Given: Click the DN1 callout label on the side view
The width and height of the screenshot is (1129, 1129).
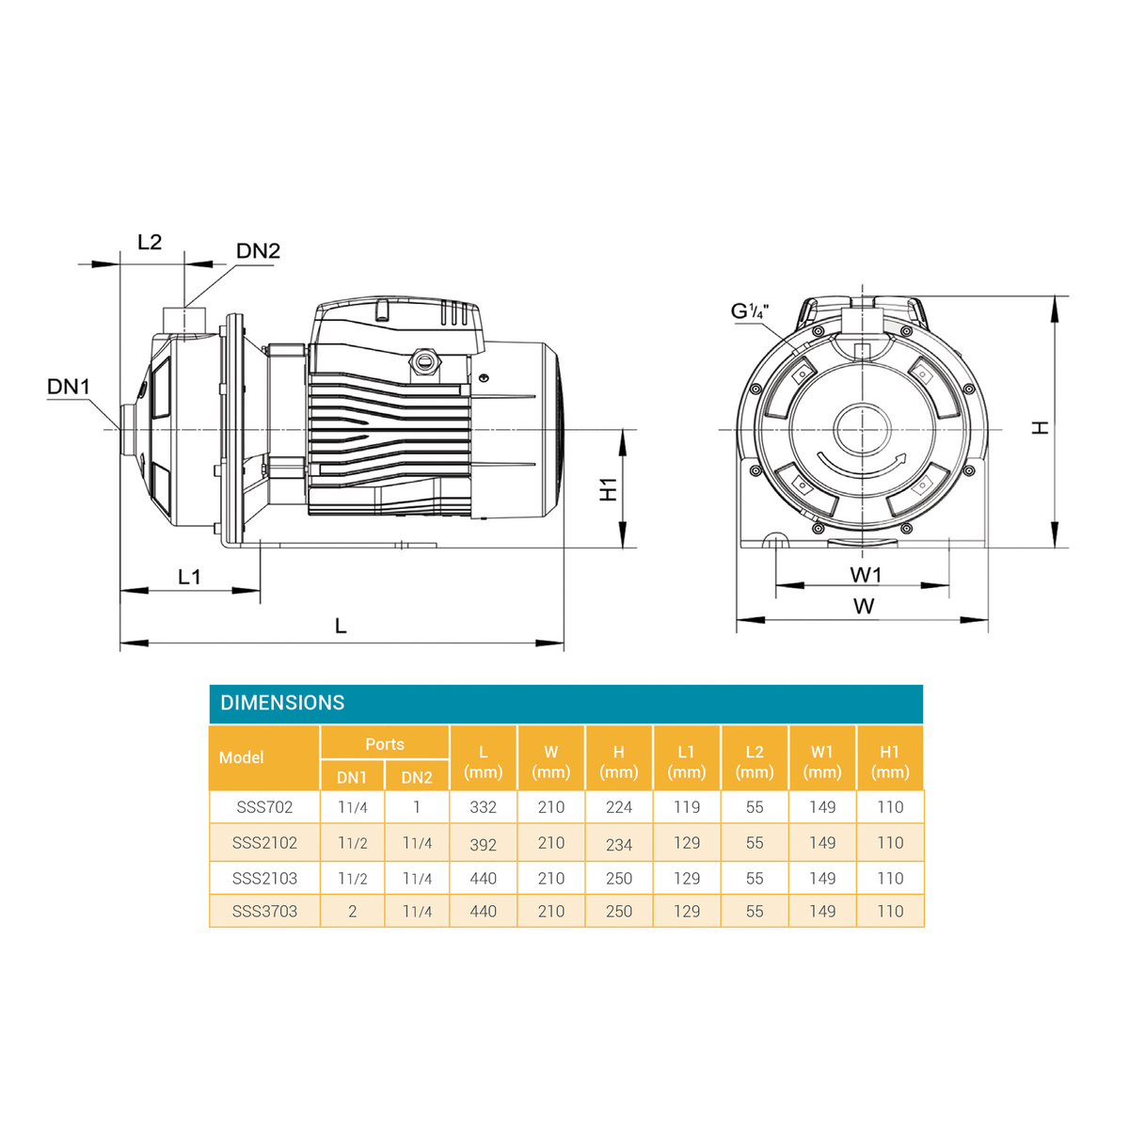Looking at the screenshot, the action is [69, 387].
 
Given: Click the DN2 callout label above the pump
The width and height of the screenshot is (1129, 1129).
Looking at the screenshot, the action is [258, 251].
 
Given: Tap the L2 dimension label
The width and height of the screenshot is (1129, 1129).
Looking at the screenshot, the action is [150, 242].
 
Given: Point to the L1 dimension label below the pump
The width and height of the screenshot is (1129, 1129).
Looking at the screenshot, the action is [189, 577].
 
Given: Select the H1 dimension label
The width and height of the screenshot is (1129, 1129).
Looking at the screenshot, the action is [609, 489].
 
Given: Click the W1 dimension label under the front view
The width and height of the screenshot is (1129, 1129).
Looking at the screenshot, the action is [866, 575].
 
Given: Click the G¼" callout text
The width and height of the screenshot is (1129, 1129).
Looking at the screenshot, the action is [750, 311].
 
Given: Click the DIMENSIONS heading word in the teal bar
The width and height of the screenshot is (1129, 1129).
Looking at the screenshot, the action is [282, 703].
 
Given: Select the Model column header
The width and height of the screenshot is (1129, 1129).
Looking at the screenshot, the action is [242, 757].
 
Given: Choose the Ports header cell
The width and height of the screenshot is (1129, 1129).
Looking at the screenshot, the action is [385, 744].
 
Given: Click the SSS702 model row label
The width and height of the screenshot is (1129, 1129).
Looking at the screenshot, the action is [264, 806].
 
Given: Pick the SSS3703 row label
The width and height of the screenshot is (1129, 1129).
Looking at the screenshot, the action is [264, 911].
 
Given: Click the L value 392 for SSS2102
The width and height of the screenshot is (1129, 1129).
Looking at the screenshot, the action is [483, 844].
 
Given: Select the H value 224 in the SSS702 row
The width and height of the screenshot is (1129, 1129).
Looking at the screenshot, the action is [619, 806].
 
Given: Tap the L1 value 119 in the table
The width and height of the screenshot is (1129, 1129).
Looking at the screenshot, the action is [687, 806].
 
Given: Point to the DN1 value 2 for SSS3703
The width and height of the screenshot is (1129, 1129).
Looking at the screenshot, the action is [352, 911].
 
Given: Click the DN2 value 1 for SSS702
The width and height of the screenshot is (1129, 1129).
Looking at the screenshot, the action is [417, 806].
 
